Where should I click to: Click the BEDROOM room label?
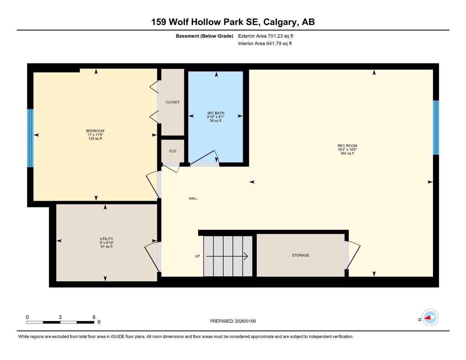pyautogui.click(x=95, y=131)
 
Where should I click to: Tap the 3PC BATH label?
pyautogui.click(x=216, y=113)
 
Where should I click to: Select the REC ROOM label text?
pyautogui.click(x=347, y=146)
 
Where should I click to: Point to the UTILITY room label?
pyautogui.click(x=106, y=239)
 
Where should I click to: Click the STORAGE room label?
pyautogui.click(x=300, y=255)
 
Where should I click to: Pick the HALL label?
pyautogui.click(x=193, y=199)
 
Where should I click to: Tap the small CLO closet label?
pyautogui.click(x=172, y=151)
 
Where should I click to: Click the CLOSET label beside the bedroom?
pyautogui.click(x=172, y=102)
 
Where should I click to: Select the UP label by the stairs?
pyautogui.click(x=197, y=256)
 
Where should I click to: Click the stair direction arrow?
pyautogui.click(x=227, y=257)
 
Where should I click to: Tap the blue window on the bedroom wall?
pyautogui.click(x=31, y=138)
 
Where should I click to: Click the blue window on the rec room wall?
pyautogui.click(x=436, y=128)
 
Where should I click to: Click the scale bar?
pyautogui.click(x=60, y=322)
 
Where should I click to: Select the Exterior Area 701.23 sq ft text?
pyautogui.click(x=266, y=36)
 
